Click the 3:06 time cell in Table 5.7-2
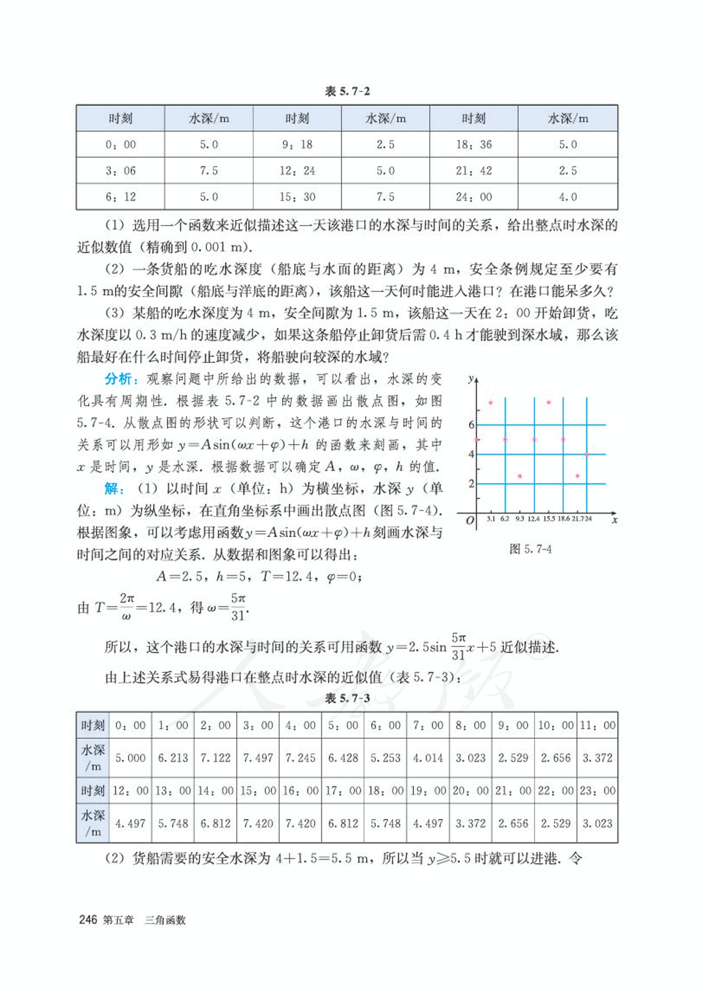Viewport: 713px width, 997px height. point(120,171)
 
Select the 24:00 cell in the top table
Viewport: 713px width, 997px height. point(474,197)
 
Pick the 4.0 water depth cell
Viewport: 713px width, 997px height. point(568,197)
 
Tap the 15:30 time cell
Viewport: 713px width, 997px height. point(297,197)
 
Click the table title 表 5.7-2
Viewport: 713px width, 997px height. point(347,91)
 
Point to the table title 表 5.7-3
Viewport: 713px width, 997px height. point(347,698)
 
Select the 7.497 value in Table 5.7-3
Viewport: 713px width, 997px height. point(258,758)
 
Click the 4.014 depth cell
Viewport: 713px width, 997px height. point(428,758)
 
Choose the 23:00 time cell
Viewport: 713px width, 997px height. point(597,791)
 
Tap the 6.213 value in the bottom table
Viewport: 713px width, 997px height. point(173,758)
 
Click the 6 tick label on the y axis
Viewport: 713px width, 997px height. point(471,425)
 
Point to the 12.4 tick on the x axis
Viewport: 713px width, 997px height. point(534,519)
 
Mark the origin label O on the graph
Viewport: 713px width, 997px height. point(470,520)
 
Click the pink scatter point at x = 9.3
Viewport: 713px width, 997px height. point(520,476)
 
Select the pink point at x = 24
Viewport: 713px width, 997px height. point(587,454)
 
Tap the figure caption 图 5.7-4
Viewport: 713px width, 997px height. point(530,549)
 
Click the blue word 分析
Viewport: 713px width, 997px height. point(119,379)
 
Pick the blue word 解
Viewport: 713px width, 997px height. point(112,488)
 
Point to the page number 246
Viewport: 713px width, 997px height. point(88,920)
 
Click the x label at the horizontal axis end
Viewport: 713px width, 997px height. point(614,520)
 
